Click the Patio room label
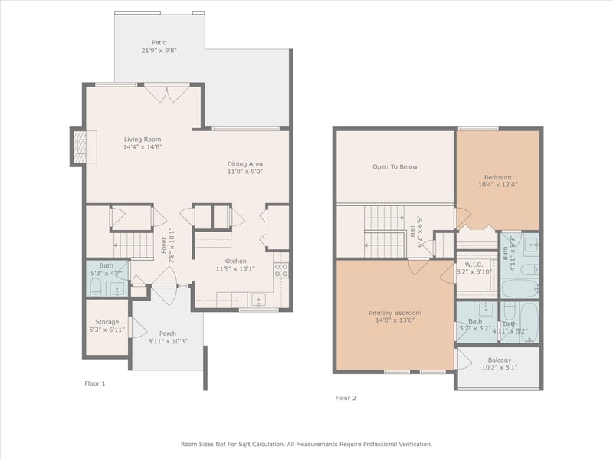[x=159, y=42]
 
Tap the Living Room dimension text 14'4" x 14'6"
[x=143, y=147]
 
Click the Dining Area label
[x=245, y=164]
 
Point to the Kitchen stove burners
[x=280, y=270]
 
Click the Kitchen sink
[x=258, y=300]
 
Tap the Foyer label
[x=164, y=245]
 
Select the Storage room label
[x=107, y=322]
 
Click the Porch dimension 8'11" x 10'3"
[x=168, y=341]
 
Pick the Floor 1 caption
[x=95, y=383]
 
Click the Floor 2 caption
[x=346, y=398]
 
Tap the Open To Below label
[x=395, y=167]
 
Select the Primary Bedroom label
[x=395, y=313]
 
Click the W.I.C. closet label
[x=474, y=264]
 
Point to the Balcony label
[x=500, y=360]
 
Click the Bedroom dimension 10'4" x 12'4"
[x=497, y=185]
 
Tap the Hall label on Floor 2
[x=413, y=232]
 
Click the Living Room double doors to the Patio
[x=167, y=93]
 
